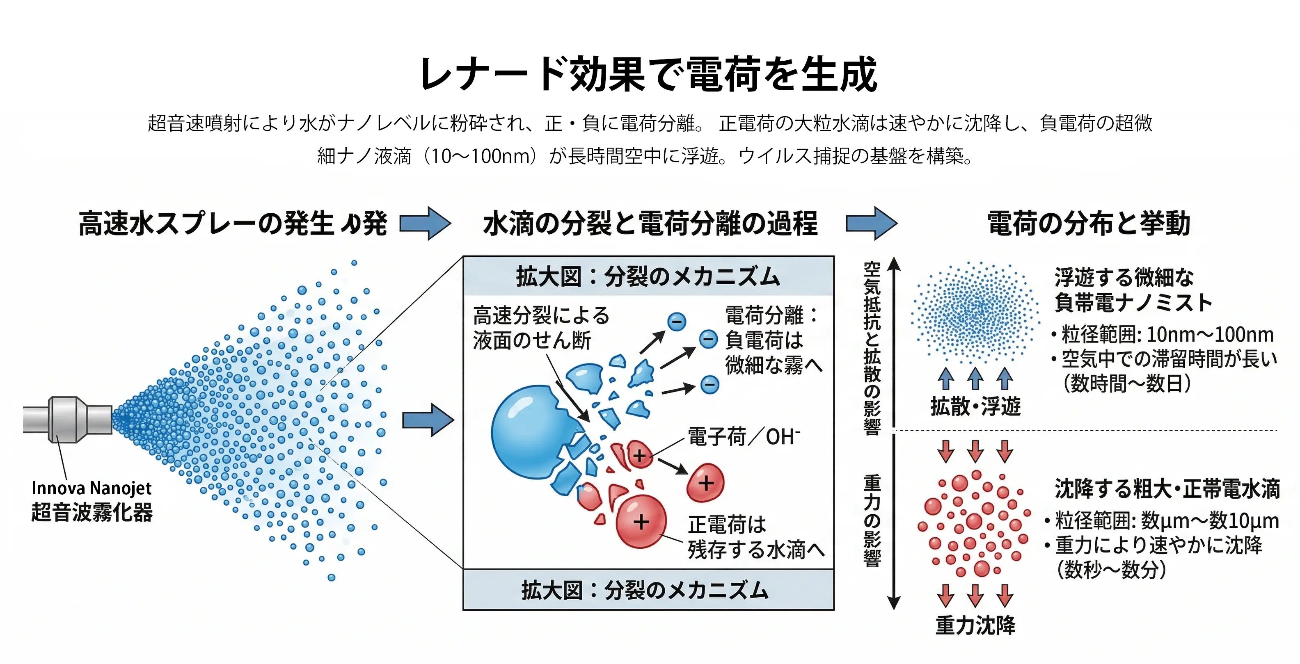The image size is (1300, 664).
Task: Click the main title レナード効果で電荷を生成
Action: click(x=649, y=75)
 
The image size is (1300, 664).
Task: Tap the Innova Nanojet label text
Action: click(x=92, y=488)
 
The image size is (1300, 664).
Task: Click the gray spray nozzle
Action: click(x=67, y=419)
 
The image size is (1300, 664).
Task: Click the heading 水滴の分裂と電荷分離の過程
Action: click(x=650, y=224)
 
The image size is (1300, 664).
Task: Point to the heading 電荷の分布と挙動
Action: click(x=1089, y=224)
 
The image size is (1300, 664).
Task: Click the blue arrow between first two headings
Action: click(x=425, y=224)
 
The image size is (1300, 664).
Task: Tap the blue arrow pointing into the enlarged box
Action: click(x=428, y=419)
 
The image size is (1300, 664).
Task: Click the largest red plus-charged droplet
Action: click(x=641, y=521)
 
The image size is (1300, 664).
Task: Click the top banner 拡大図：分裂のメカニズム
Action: click(x=648, y=277)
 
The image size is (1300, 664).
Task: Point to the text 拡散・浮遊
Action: click(x=975, y=406)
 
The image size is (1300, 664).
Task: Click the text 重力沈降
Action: click(x=975, y=625)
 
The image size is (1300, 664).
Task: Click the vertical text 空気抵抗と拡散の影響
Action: click(x=872, y=348)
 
